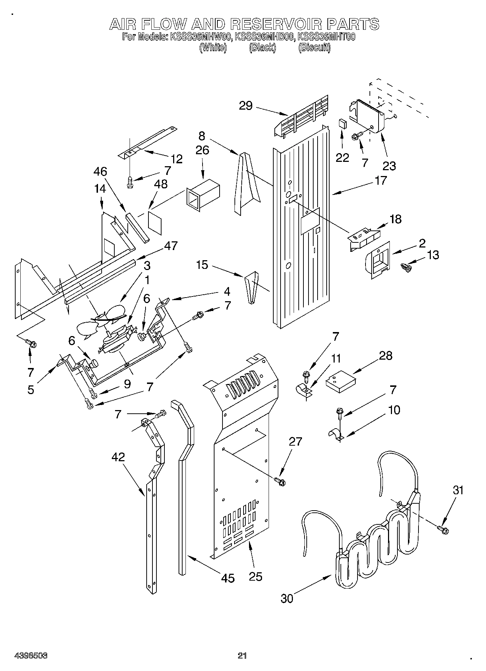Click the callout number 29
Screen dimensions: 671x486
246,106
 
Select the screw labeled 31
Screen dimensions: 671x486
443,530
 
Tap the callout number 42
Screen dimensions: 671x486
119,457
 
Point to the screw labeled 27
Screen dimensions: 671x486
280,481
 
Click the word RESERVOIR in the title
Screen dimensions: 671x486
276,24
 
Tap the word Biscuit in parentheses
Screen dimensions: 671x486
314,48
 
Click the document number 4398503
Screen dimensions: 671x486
31,656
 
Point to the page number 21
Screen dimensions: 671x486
242,655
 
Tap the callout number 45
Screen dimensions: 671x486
228,578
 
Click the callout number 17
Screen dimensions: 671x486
380,180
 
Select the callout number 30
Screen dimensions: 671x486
287,598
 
